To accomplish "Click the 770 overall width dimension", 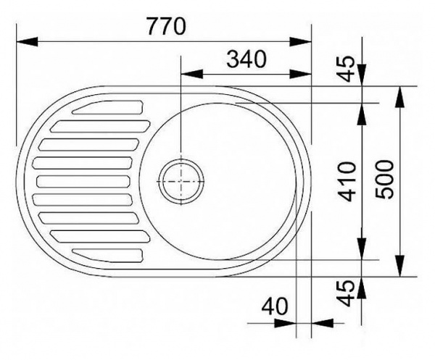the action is coord(166,26).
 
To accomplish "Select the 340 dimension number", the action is coord(246,59).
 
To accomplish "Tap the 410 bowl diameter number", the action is coord(347,182).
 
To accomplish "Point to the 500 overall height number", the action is coord(384,179).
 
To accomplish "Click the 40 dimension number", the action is coord(275,306).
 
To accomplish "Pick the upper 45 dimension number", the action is coord(347,69).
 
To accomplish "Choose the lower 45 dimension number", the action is coord(347,293).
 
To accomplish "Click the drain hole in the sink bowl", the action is coord(181,181).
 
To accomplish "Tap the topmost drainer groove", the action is coord(107,107).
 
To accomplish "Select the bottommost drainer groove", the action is coord(107,256).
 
